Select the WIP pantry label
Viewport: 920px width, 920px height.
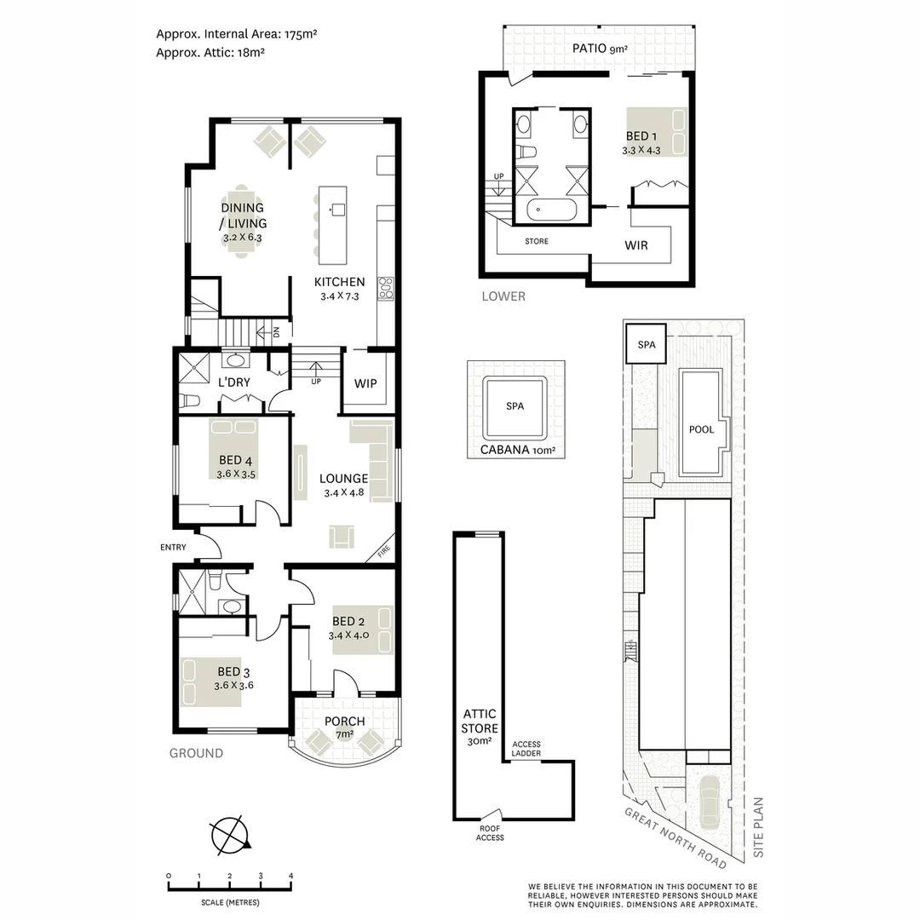click(365, 382)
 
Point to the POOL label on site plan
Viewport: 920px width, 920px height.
click(701, 429)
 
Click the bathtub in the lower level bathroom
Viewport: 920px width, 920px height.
click(551, 210)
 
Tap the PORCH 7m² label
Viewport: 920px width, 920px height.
click(345, 727)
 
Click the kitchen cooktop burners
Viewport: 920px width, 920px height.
click(385, 288)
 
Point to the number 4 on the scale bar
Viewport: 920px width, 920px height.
click(291, 876)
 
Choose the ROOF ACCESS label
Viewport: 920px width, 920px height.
click(491, 832)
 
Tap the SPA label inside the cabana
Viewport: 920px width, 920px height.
click(515, 406)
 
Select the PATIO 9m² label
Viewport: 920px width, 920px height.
click(600, 49)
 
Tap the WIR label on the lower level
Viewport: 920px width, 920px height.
click(636, 245)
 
